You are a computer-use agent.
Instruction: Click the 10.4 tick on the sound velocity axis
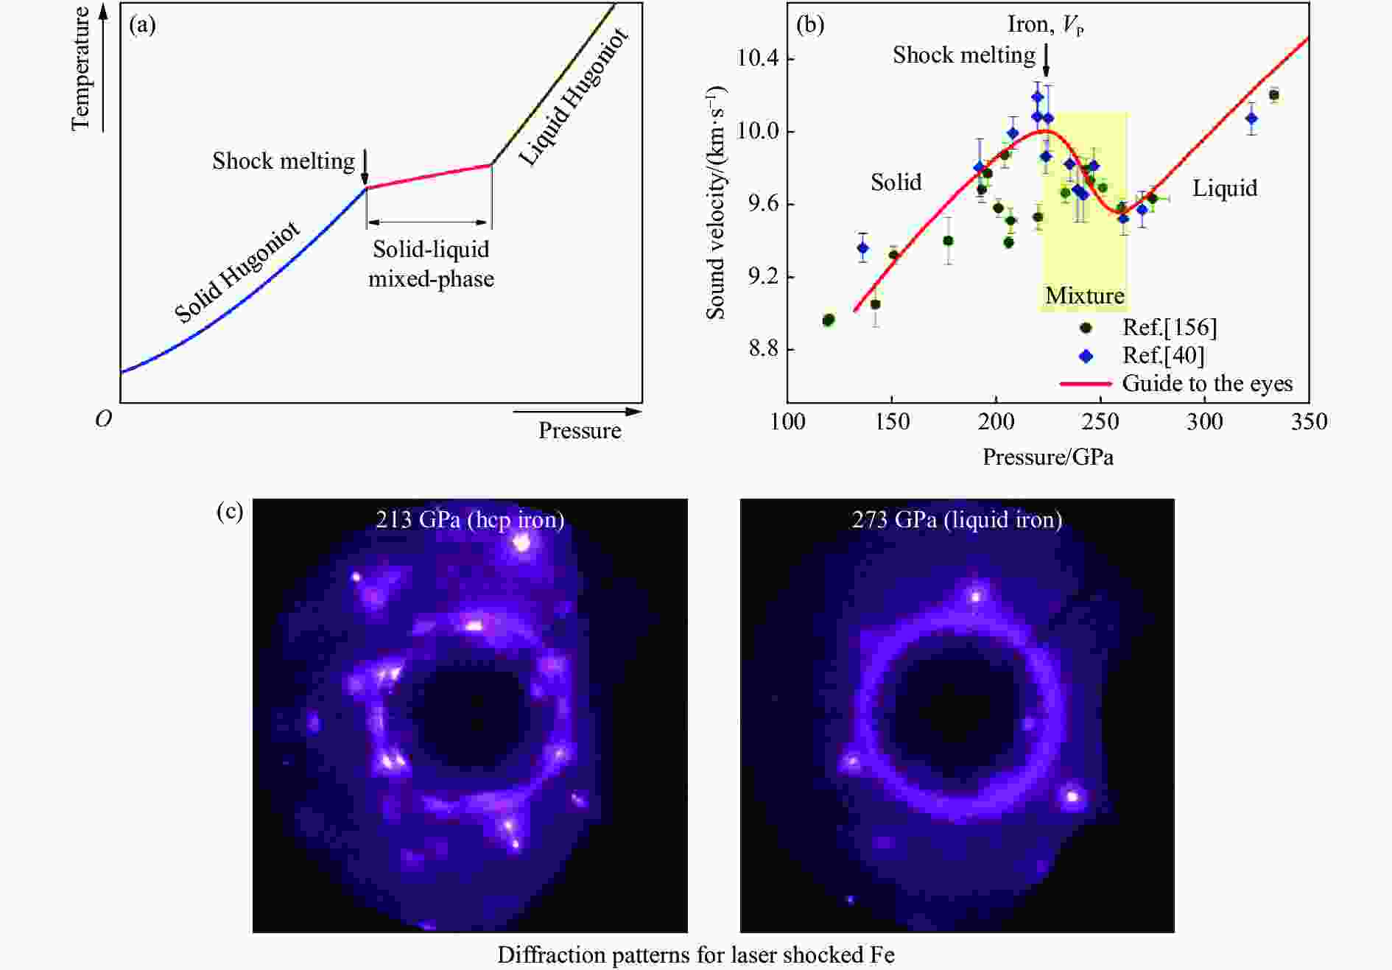coord(758,58)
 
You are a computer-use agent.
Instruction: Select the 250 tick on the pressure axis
coord(1100,422)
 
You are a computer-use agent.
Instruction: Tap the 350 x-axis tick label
coord(1309,422)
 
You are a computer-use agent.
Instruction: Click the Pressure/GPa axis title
coord(1047,457)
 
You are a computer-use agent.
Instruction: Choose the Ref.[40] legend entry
coord(1163,356)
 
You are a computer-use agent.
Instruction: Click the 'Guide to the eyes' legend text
coord(1207,384)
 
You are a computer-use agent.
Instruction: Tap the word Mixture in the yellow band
coord(1085,296)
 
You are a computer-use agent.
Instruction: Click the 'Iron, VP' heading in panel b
coord(1045,25)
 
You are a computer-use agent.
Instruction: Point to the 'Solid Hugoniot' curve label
coord(237,273)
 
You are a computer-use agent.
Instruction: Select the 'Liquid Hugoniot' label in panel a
coord(574,96)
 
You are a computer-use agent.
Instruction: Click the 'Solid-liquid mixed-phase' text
coord(431,264)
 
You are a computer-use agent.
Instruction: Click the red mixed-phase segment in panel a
coord(429,177)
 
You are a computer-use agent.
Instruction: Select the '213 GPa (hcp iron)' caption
coord(470,520)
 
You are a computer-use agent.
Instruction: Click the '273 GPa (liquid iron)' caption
coord(957,520)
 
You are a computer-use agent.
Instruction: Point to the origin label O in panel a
coord(104,419)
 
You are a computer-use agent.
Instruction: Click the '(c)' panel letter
coord(230,511)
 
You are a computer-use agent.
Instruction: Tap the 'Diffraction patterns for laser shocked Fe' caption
coord(695,955)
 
